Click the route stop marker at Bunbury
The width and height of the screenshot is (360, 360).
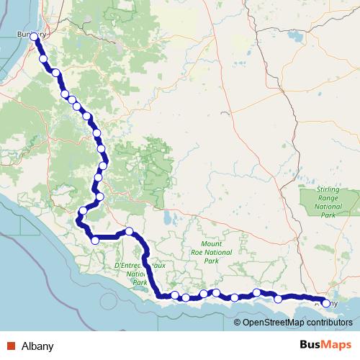(x=33, y=36)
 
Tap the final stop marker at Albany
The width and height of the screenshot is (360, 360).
(x=326, y=303)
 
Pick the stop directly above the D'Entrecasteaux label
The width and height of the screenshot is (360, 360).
(x=130, y=231)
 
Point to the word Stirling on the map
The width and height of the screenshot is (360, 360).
(x=328, y=189)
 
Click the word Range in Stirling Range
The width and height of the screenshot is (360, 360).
(x=328, y=198)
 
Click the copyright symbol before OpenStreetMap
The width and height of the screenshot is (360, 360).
(x=237, y=322)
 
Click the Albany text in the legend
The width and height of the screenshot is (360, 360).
(x=37, y=346)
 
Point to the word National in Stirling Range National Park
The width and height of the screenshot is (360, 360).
(x=328, y=207)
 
